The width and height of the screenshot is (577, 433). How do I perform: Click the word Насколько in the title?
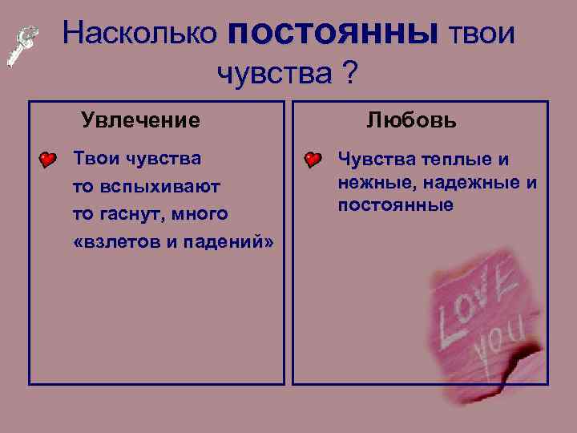(139, 33)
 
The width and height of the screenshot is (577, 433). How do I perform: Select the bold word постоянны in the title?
(333, 33)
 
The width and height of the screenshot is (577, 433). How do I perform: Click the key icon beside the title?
(22, 47)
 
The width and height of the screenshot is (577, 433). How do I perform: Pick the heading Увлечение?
(140, 121)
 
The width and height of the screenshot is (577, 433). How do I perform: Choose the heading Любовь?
(412, 121)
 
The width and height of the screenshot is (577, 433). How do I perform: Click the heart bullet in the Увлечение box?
(48, 160)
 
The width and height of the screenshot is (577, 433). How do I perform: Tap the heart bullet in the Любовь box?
(313, 160)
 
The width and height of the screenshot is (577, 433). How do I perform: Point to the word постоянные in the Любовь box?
(395, 205)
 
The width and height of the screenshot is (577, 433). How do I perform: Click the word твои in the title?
(481, 33)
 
